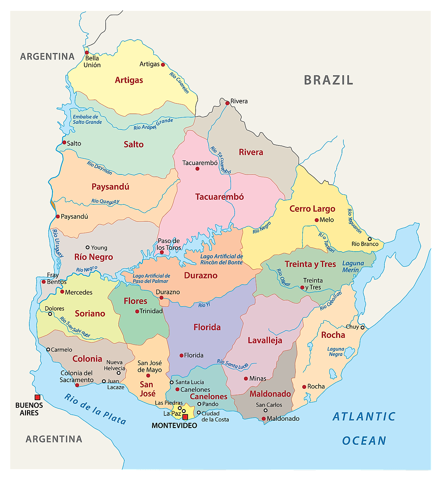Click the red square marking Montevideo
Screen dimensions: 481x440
coord(185,417)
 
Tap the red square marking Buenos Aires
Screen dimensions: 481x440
coord(37,397)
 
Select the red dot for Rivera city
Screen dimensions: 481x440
coord(227,103)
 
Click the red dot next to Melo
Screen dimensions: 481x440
coord(317,220)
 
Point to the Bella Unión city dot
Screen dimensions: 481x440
coord(87,53)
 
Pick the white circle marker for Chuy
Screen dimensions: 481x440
coord(362,328)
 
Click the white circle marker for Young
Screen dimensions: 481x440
coord(88,247)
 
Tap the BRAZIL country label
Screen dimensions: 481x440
coord(328,80)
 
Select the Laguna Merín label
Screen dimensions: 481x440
coord(353,267)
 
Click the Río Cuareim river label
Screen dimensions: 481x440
coord(179,83)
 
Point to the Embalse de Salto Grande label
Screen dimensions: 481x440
coord(87,120)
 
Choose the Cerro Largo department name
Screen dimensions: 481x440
coord(312,209)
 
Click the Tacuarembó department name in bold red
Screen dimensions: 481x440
coord(219,197)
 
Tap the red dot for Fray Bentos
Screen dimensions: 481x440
coord(44,282)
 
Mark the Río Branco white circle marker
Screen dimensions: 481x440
coord(369,239)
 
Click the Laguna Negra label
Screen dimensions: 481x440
coord(336,352)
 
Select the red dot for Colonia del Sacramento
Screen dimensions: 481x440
coord(77,385)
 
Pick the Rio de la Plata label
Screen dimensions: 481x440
coord(95,409)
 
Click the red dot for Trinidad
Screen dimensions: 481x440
coord(137,312)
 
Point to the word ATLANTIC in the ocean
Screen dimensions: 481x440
coord(364,416)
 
